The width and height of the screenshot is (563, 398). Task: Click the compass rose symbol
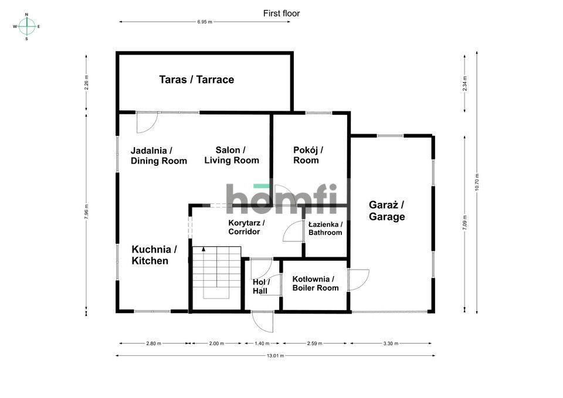(x=26, y=26)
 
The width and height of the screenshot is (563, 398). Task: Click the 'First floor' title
(x=281, y=13)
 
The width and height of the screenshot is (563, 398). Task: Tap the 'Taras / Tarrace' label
(x=196, y=80)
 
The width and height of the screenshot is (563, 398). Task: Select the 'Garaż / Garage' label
(x=386, y=210)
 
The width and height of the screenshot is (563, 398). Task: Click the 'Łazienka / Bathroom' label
(x=325, y=228)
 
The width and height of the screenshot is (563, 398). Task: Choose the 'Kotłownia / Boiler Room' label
(x=315, y=284)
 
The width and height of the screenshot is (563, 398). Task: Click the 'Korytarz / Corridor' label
(x=246, y=227)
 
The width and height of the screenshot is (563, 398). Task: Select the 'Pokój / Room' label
(x=308, y=155)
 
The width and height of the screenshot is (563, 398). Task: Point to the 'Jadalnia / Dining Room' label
(x=158, y=155)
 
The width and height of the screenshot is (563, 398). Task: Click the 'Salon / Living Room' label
(x=231, y=155)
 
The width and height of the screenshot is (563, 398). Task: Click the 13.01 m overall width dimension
(x=275, y=356)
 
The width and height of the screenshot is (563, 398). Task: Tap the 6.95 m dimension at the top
(x=205, y=22)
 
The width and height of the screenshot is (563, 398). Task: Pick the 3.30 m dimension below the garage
(x=391, y=343)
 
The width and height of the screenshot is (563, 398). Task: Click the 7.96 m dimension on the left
(x=87, y=211)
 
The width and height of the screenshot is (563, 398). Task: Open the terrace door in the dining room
(x=147, y=121)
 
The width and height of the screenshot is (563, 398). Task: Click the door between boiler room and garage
(x=357, y=280)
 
